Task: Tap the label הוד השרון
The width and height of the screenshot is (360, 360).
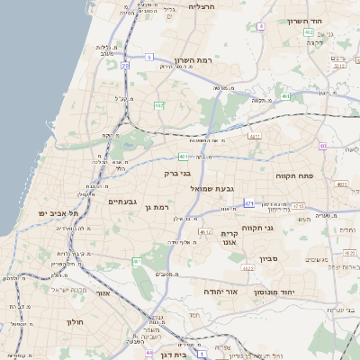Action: (305, 21)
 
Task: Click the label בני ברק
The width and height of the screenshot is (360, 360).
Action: (176, 173)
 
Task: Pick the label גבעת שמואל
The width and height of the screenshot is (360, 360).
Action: (211, 188)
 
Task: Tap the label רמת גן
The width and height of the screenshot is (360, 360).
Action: (157, 207)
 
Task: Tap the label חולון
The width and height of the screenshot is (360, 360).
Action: (74, 320)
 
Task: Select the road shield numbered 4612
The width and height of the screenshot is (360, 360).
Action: (204, 231)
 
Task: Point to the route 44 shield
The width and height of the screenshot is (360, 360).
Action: (148, 354)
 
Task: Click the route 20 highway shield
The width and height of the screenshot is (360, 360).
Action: (125, 66)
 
